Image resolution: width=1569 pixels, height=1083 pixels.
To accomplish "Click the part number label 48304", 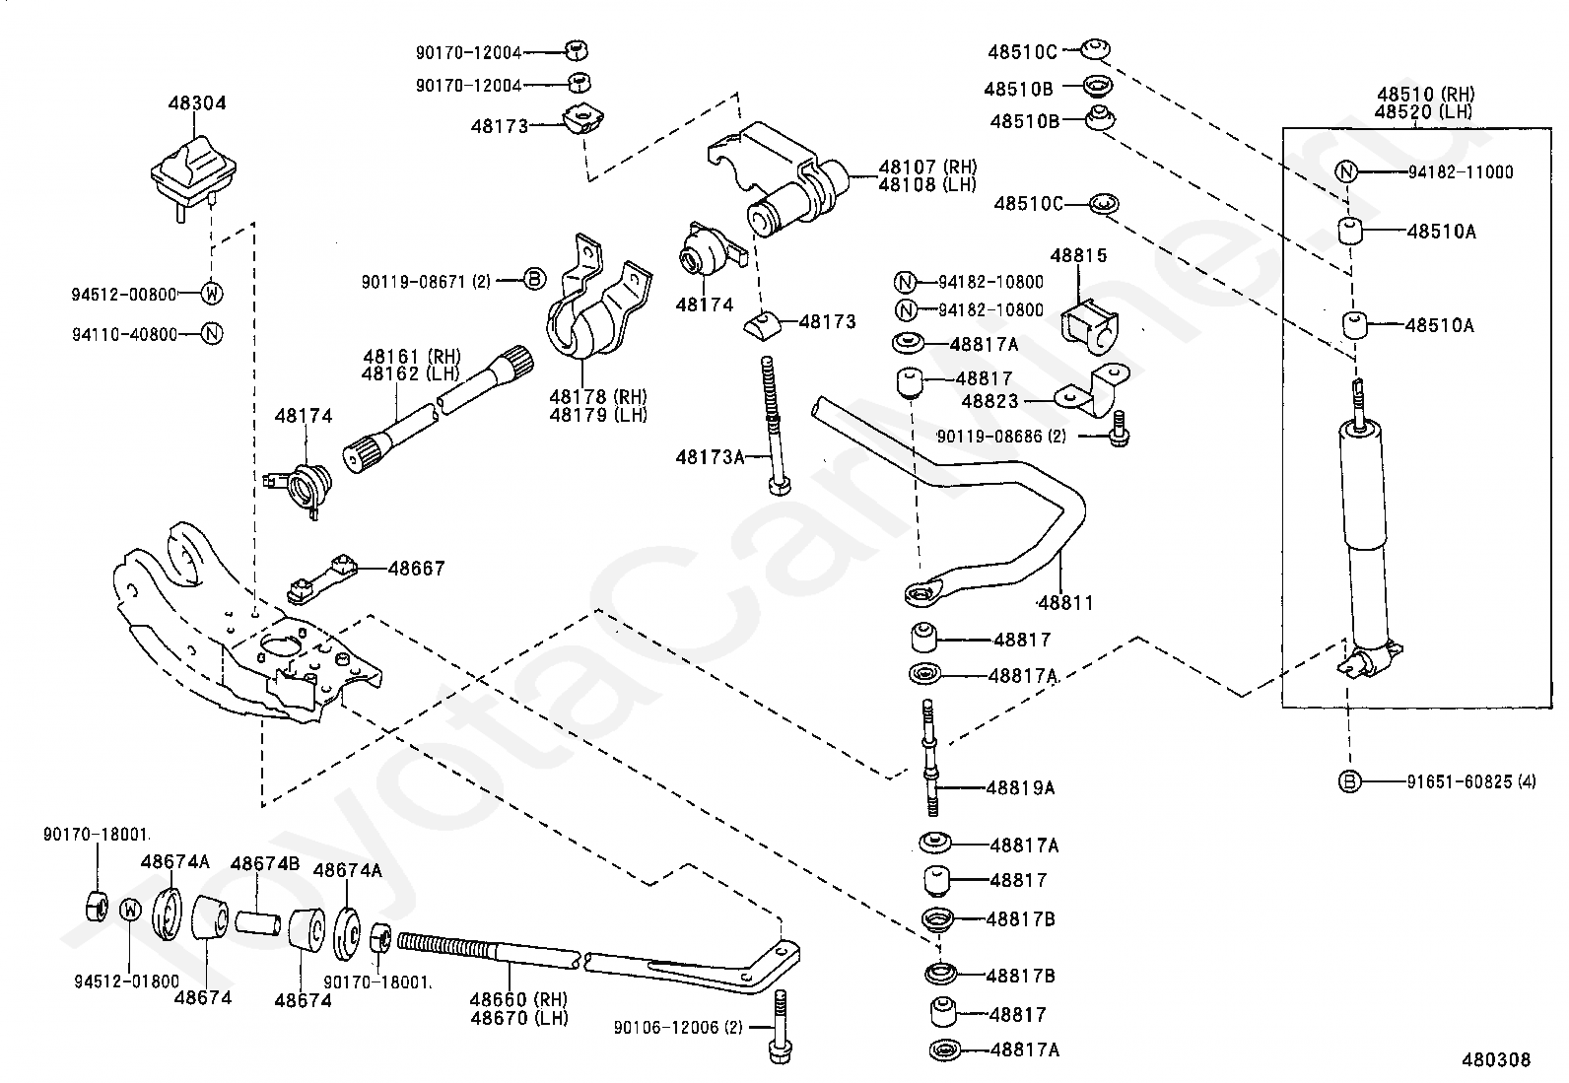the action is pos(197,102).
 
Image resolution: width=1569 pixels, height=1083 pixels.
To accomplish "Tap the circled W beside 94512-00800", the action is pos(212,294).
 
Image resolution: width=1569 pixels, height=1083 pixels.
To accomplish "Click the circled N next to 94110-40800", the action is pos(212,334).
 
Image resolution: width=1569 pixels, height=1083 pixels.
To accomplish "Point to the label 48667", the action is pos(416,569).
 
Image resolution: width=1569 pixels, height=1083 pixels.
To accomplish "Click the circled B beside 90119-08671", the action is pos(534,280).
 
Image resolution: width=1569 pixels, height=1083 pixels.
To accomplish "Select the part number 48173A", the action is pos(710,457).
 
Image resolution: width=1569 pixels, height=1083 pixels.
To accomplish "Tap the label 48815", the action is pos(1078,255).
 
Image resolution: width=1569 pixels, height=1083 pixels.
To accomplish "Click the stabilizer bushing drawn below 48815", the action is pos(1089,327).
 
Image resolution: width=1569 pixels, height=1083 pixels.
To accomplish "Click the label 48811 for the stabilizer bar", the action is pos(1065,602).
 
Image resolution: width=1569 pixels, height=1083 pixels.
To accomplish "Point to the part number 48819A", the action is pos(1020,788).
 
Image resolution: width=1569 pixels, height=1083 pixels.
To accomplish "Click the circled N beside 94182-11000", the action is pos(1346,171).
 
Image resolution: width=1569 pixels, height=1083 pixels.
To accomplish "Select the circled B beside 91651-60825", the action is pos(1349,781).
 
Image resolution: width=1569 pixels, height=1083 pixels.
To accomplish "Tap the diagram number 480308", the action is pos(1496,1060).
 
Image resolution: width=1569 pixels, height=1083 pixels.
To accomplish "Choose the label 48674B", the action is pos(265,863).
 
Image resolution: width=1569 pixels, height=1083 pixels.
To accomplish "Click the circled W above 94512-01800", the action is pos(130,910).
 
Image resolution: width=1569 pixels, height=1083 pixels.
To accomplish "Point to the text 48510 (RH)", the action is pos(1425,94).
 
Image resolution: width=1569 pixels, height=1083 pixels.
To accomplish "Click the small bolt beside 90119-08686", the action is pos(1120,429).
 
